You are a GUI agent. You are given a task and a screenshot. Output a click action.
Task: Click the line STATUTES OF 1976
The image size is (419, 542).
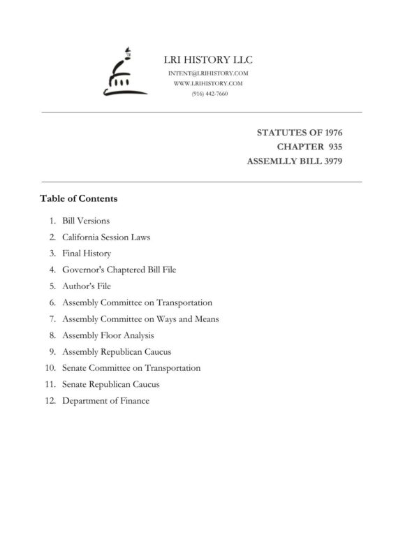click(x=300, y=132)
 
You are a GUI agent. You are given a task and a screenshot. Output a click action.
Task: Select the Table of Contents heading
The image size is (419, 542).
click(x=79, y=199)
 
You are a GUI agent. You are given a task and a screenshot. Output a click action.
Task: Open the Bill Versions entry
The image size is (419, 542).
click(x=86, y=221)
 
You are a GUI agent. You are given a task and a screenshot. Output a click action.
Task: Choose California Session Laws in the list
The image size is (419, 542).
click(x=106, y=237)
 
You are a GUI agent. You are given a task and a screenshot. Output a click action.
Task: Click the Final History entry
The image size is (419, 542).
click(x=87, y=254)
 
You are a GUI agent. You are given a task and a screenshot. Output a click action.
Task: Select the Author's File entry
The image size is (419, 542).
click(x=87, y=286)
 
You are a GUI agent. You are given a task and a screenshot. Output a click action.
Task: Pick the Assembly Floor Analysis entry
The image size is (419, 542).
click(x=108, y=335)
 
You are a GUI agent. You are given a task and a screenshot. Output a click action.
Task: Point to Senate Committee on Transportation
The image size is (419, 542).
click(x=131, y=368)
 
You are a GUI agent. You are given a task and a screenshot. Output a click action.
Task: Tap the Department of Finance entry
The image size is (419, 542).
click(x=105, y=401)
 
